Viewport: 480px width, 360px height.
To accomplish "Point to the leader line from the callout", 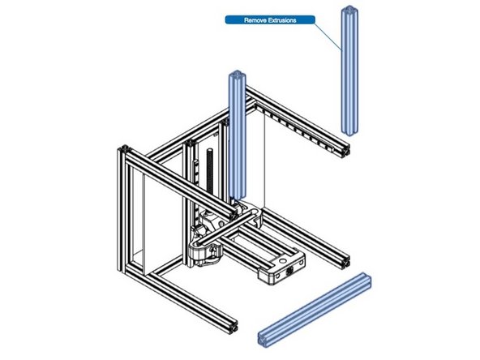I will pyautogui.click(x=328, y=40).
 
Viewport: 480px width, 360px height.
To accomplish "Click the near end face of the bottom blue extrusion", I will pyautogui.click(x=266, y=337).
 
